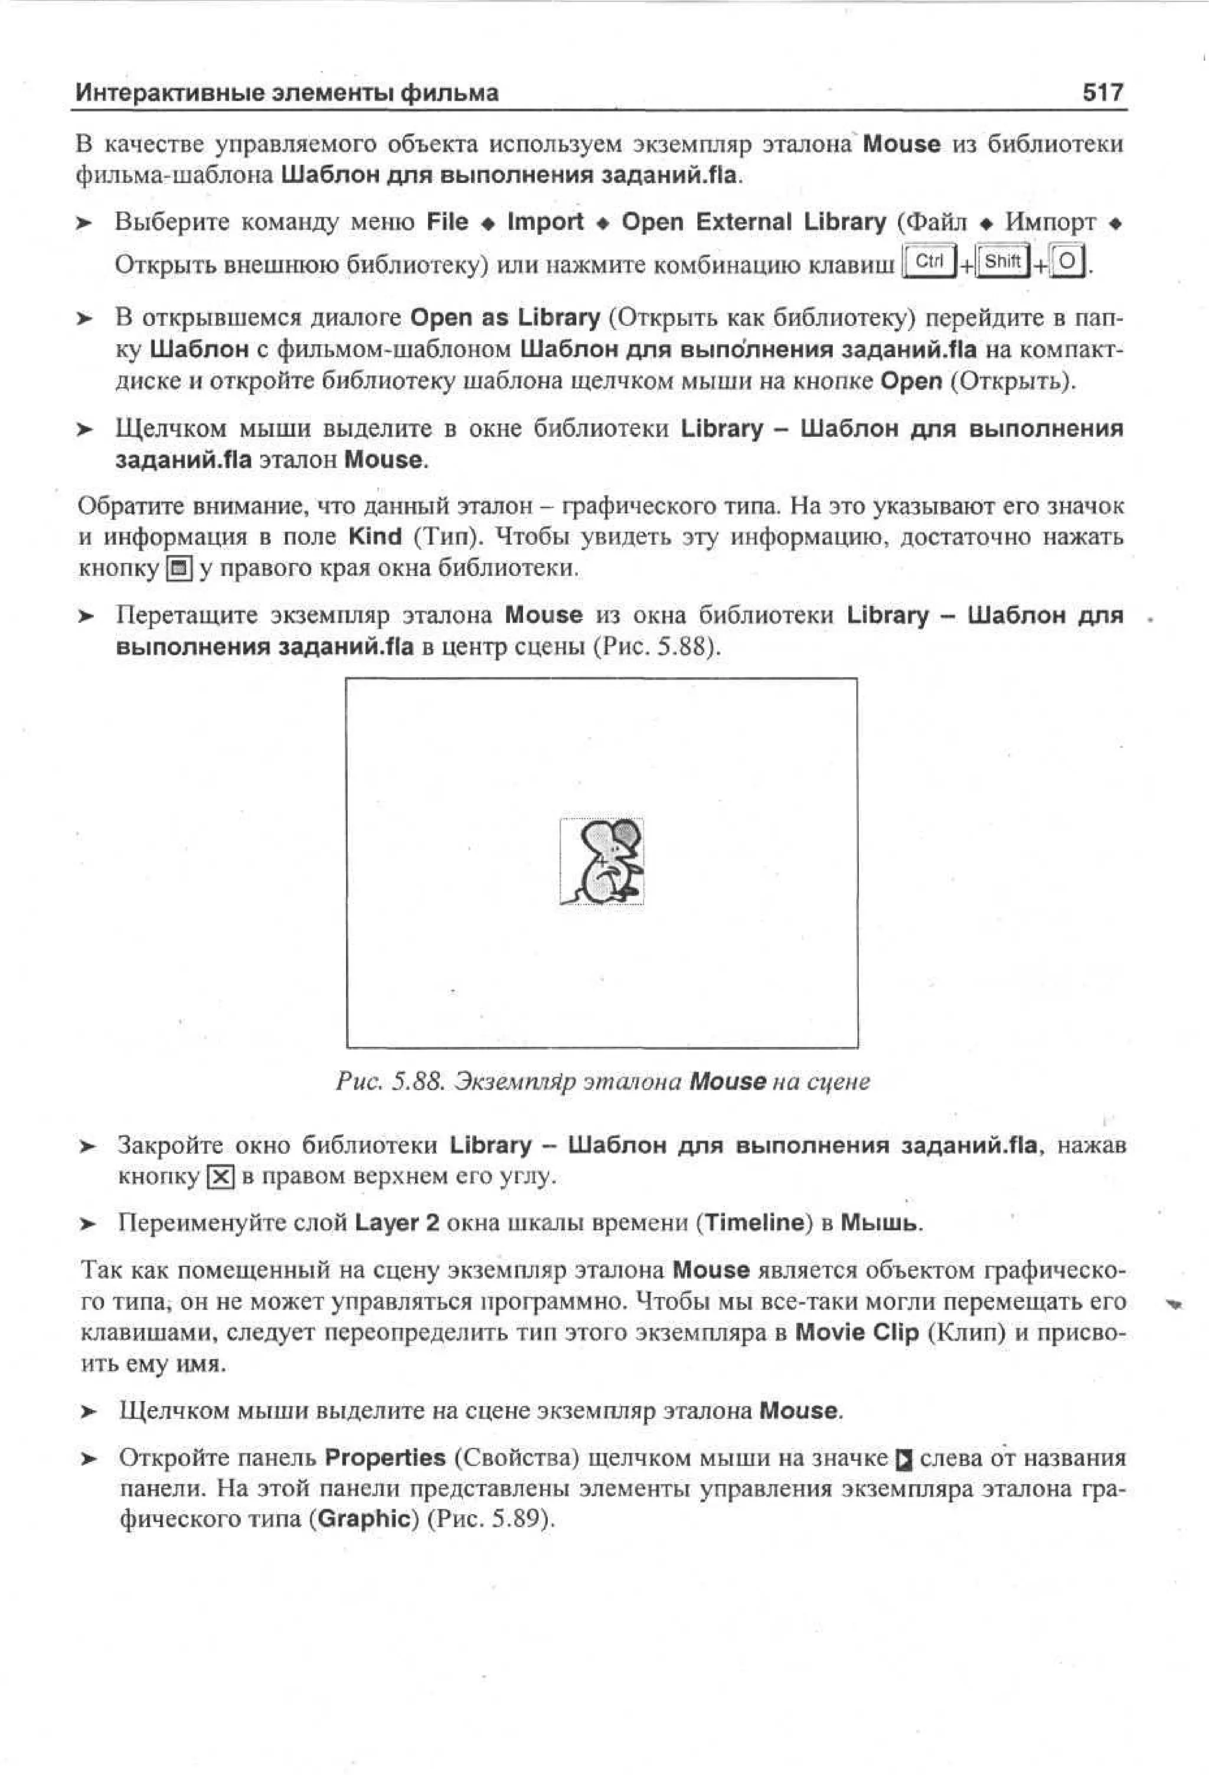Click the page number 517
point(1102,93)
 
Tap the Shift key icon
point(1002,262)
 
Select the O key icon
point(1067,263)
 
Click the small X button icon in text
point(221,1176)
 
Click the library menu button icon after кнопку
point(179,569)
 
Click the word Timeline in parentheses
point(754,1223)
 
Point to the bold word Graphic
point(364,1518)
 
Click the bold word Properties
point(384,1457)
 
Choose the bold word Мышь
point(881,1223)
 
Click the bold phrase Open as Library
point(505,317)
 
